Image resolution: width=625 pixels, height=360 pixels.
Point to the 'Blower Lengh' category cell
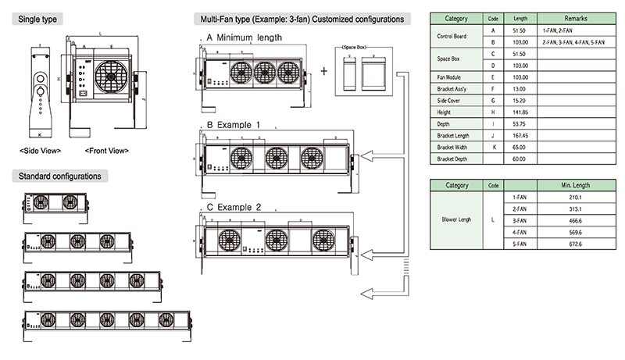click(x=456, y=220)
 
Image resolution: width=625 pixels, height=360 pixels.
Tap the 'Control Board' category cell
click(x=456, y=35)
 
